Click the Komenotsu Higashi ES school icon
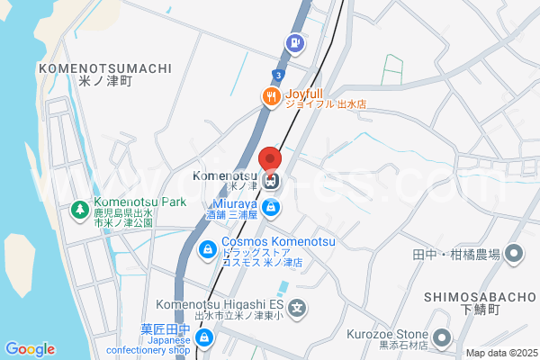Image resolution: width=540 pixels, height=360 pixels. [299, 309]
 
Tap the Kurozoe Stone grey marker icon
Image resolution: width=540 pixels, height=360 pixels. [441, 338]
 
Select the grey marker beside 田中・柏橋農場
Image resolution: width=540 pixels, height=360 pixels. [514, 254]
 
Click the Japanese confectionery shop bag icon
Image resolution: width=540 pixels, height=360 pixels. [205, 337]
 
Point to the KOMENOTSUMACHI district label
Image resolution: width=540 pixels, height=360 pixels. [105, 67]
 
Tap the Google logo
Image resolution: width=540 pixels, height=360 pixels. [30, 349]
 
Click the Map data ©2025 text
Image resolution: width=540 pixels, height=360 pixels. [499, 353]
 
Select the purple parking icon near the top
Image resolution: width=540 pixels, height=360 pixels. [293, 41]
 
